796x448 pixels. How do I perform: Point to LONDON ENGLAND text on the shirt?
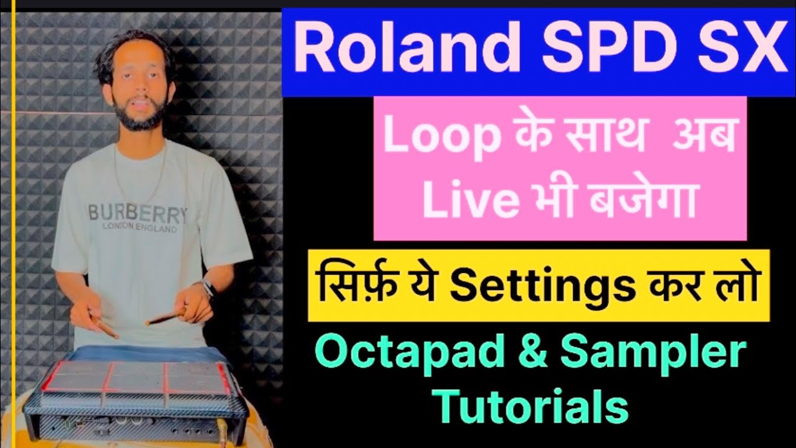[139, 228]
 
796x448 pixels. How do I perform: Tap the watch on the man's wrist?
[208, 287]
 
